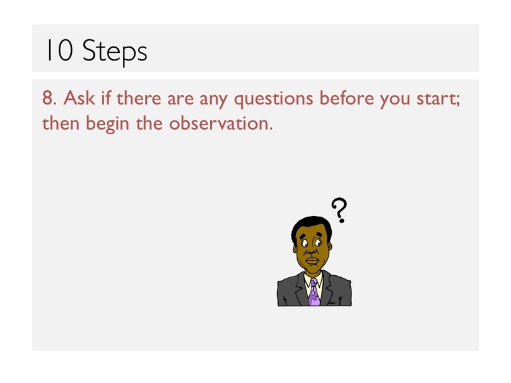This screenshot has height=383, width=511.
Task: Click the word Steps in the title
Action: tap(115, 52)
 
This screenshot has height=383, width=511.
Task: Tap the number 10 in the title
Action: tap(59, 50)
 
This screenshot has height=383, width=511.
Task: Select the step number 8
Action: tap(49, 98)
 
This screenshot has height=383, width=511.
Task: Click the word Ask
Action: tap(79, 97)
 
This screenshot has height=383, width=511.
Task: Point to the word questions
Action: tap(274, 99)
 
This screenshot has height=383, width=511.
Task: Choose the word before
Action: tap(346, 97)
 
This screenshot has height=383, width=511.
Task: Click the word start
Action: tap(438, 98)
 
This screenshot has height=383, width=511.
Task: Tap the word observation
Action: tap(221, 123)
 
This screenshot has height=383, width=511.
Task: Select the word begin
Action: tap(107, 124)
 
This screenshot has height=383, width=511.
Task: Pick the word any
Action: tap(213, 100)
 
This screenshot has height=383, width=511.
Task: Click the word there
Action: tap(139, 98)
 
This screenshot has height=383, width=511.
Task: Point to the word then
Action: tap(61, 123)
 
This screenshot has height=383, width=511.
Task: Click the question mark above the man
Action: tap(339, 210)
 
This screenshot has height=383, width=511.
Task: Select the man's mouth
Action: tap(312, 261)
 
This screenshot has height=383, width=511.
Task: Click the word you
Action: tap(395, 100)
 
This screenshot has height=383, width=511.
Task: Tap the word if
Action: tap(106, 97)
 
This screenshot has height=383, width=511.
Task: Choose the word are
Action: tap(180, 100)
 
